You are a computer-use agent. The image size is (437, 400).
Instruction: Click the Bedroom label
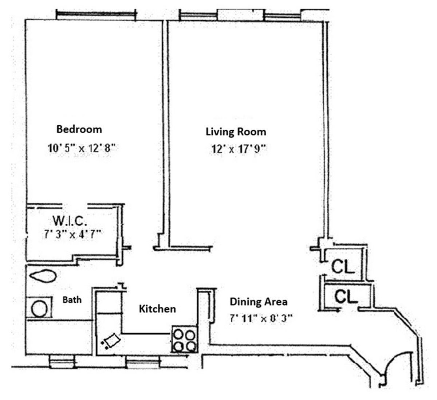coord(79,129)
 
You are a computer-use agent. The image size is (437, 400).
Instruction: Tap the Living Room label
coord(236,131)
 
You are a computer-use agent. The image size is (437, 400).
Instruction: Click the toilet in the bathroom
coord(43,277)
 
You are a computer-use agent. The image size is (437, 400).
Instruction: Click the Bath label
coord(72,300)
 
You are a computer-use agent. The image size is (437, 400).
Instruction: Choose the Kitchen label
coord(157,309)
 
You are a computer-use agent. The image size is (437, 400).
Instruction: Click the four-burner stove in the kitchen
coord(184,340)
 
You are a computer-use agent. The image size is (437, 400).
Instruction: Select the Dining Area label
coord(258,302)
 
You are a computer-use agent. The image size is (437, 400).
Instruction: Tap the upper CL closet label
coord(343,268)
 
